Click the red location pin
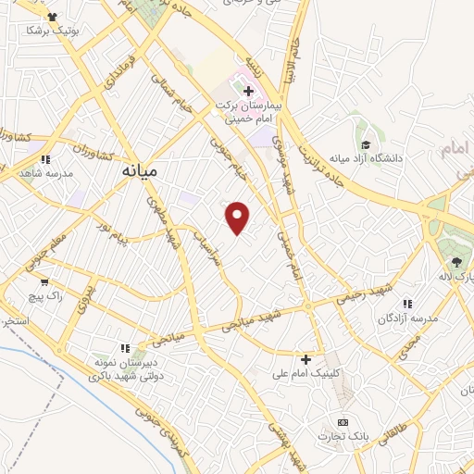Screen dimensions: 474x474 tap(238, 217)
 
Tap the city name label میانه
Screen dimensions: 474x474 tap(140, 171)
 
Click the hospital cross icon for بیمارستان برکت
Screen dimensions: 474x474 tap(247, 91)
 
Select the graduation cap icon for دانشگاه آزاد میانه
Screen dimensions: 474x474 tap(367, 144)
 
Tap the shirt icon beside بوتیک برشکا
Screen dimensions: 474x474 tap(50, 17)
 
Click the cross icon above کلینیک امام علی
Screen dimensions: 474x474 tap(306, 358)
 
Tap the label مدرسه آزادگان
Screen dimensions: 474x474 tap(406, 318)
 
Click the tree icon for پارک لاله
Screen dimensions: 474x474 tap(455, 262)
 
